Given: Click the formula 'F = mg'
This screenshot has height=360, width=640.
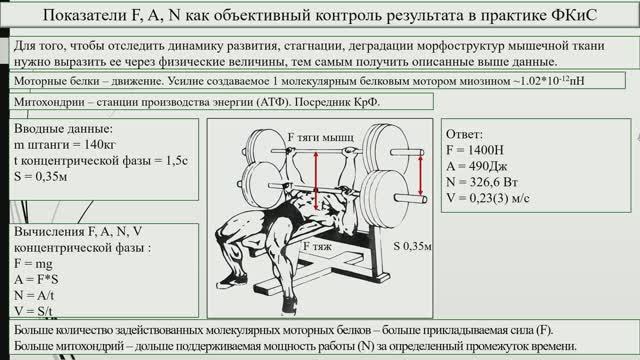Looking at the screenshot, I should [39, 262].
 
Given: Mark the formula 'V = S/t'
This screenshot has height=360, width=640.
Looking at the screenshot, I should [41, 311].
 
